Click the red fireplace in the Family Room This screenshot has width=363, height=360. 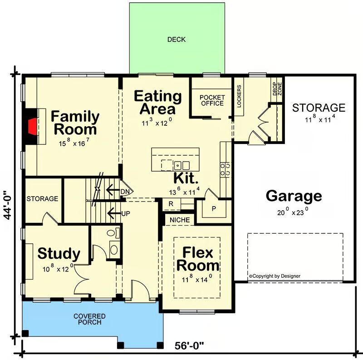pos(32,127)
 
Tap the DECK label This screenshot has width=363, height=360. pos(177,39)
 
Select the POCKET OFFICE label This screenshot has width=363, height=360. pos(212,100)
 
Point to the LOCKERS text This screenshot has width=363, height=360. pos(239,96)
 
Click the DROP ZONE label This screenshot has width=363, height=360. pos(277,89)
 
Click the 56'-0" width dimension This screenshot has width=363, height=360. pos(189,346)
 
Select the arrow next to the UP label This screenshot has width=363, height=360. pos(114,213)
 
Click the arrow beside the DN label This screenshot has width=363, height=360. pos(113,190)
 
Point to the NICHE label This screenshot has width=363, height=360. pos(180,220)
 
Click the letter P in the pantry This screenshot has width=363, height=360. pos(214,209)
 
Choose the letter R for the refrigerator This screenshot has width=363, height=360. pos(171,204)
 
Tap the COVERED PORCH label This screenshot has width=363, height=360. pos(89,319)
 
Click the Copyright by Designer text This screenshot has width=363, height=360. pos(275,276)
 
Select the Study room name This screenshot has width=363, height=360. pos(59,254)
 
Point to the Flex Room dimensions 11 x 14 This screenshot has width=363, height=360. pos(197,278)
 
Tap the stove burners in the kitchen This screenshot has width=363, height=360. pos(225,169)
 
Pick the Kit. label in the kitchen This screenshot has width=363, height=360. pos(186,178)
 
